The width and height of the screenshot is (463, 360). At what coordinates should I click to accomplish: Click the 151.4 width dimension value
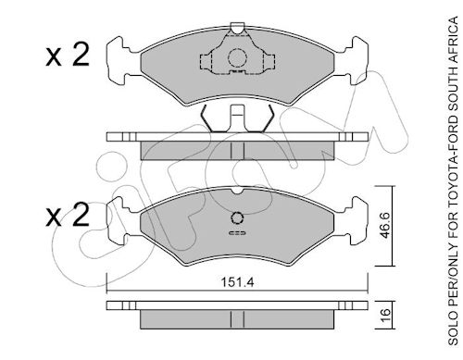pyautogui.click(x=237, y=282)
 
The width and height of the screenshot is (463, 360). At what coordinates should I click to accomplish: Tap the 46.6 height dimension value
pyautogui.click(x=385, y=226)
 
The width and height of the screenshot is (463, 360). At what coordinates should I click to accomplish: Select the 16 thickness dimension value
pyautogui.click(x=385, y=315)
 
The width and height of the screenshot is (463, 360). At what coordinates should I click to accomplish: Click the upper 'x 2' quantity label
pyautogui.click(x=68, y=55)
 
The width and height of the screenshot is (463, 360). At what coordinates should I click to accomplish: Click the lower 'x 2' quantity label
pyautogui.click(x=68, y=215)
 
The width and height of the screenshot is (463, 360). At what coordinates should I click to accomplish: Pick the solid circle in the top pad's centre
pyautogui.click(x=237, y=58)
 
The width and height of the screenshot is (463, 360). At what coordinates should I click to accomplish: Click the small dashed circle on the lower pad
pyautogui.click(x=237, y=218)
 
